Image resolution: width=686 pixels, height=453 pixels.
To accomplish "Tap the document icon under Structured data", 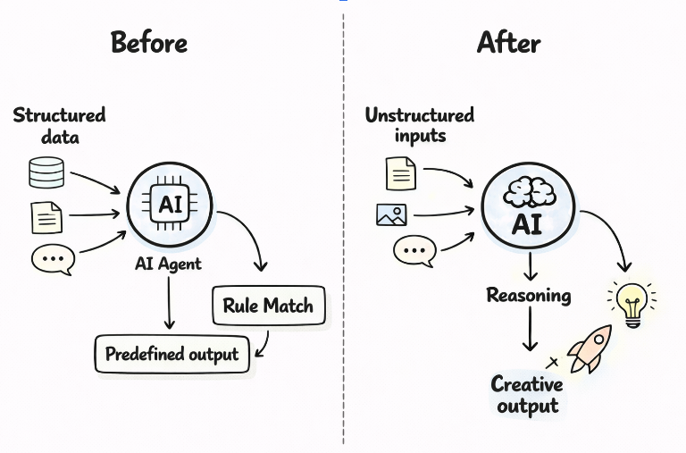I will (x=46, y=216).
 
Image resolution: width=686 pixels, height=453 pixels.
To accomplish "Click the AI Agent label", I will (x=168, y=264).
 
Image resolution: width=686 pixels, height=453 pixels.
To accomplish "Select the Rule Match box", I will (x=267, y=306).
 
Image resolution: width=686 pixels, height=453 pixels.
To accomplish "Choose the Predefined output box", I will (x=171, y=355).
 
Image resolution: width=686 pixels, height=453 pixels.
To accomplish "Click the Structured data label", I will (x=59, y=125).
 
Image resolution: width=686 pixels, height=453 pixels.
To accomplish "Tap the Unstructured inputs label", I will (x=420, y=125).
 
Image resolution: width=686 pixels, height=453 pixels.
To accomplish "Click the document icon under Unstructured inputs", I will (x=401, y=172).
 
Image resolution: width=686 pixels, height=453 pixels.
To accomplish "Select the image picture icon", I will (x=391, y=214).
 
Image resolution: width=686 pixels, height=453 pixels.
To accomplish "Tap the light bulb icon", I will (x=632, y=303).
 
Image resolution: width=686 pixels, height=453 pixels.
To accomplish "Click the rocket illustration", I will (x=591, y=348).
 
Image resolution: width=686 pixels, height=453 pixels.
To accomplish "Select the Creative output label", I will (x=527, y=395).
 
